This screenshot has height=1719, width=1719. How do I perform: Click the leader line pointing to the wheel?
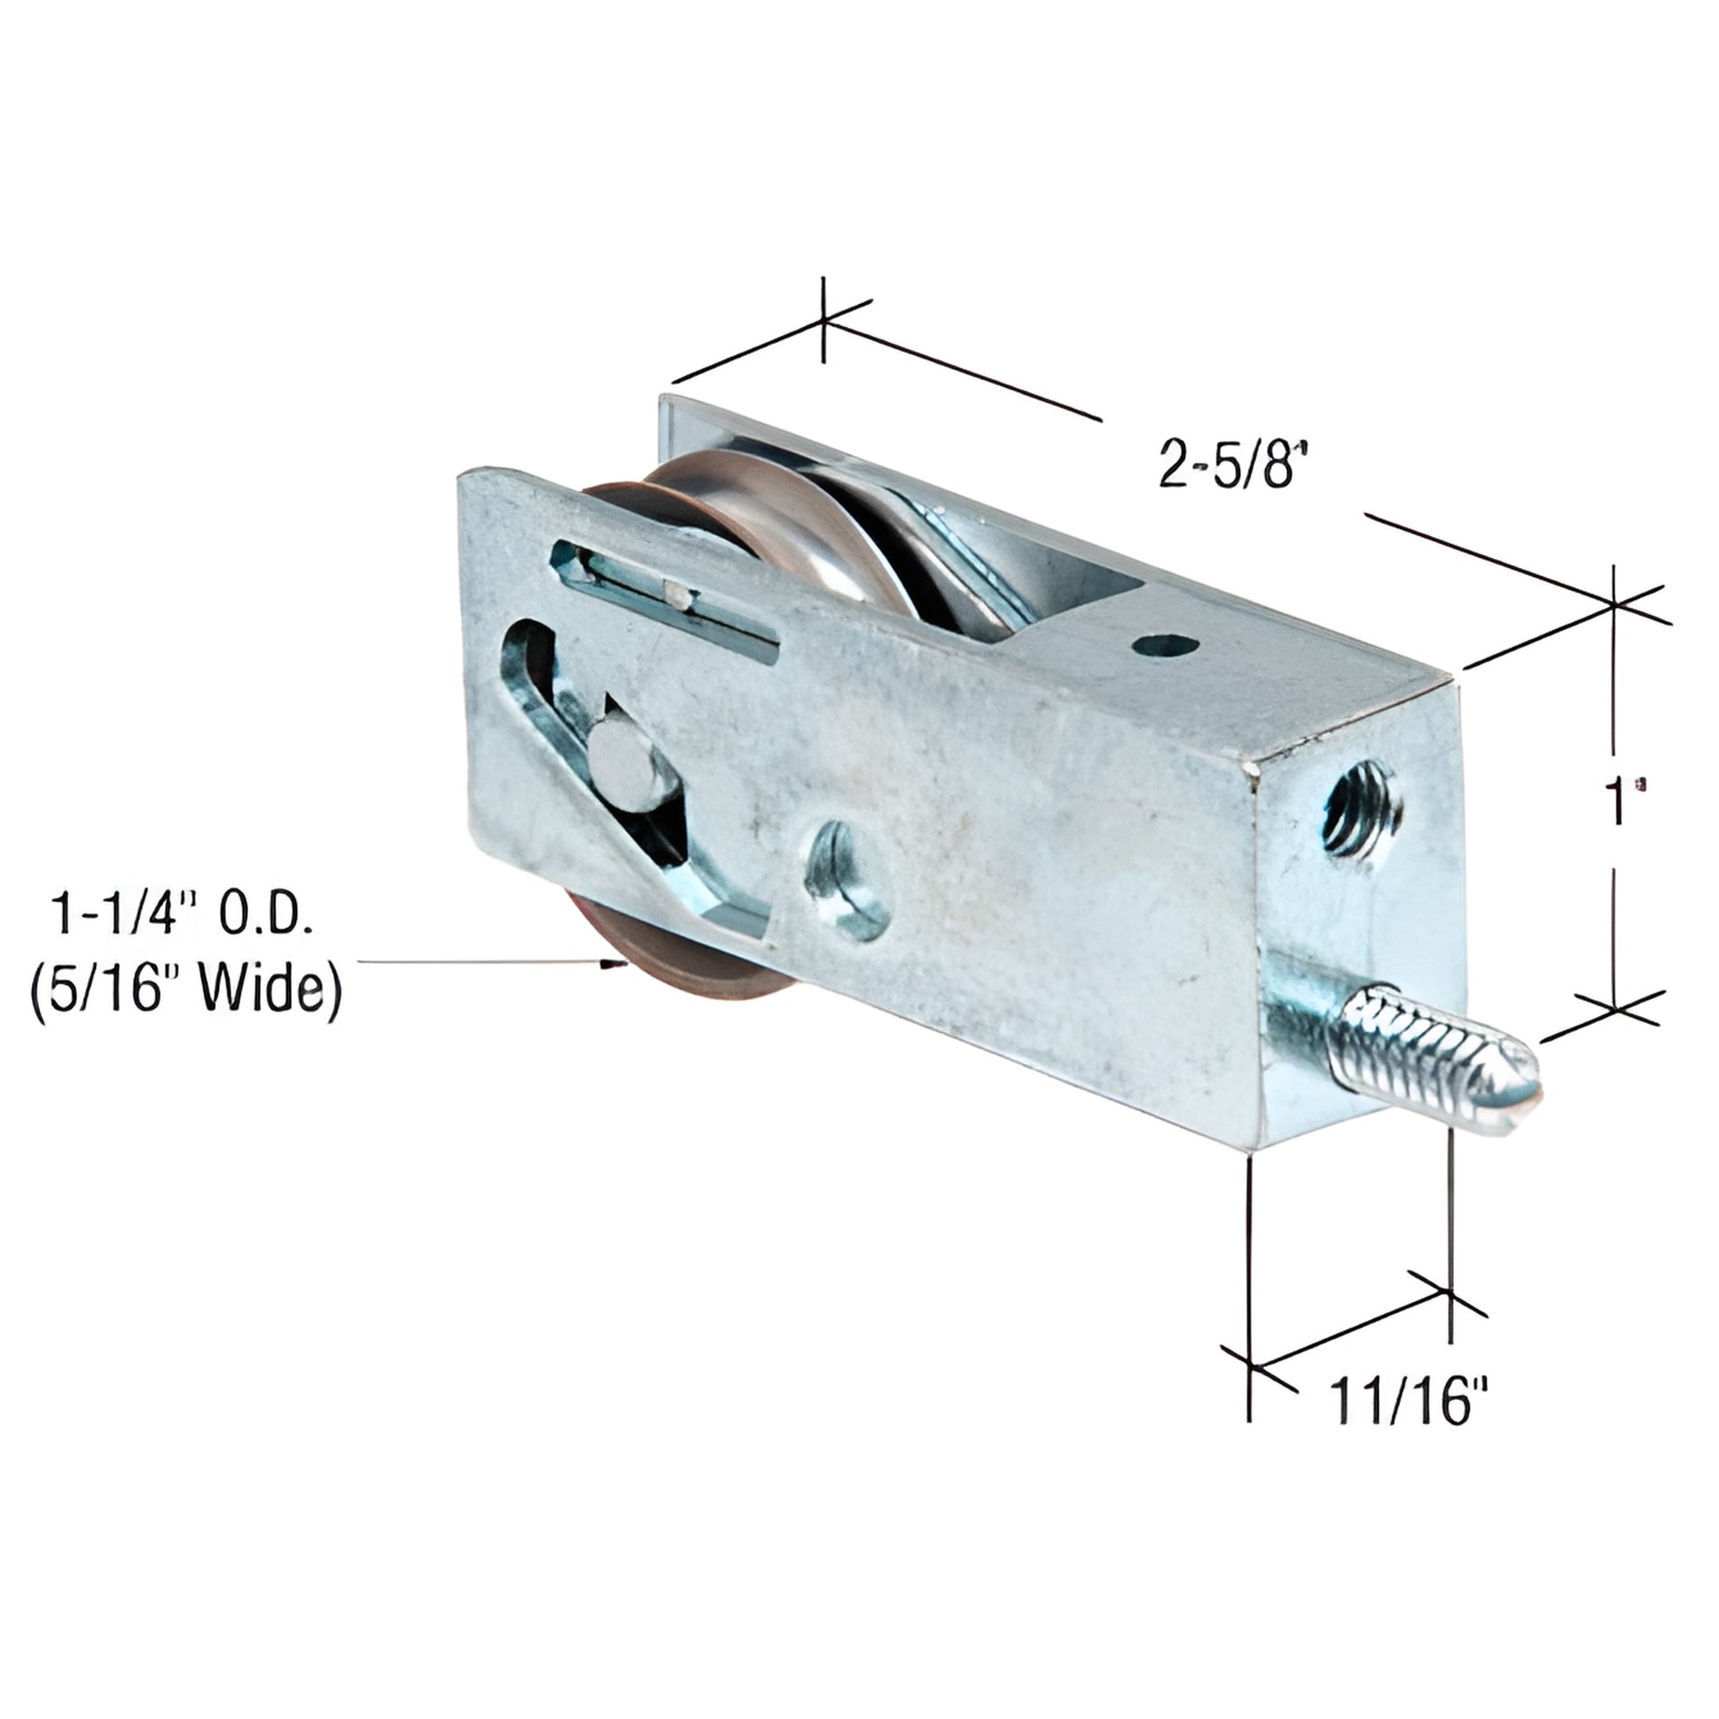tap(481, 962)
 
